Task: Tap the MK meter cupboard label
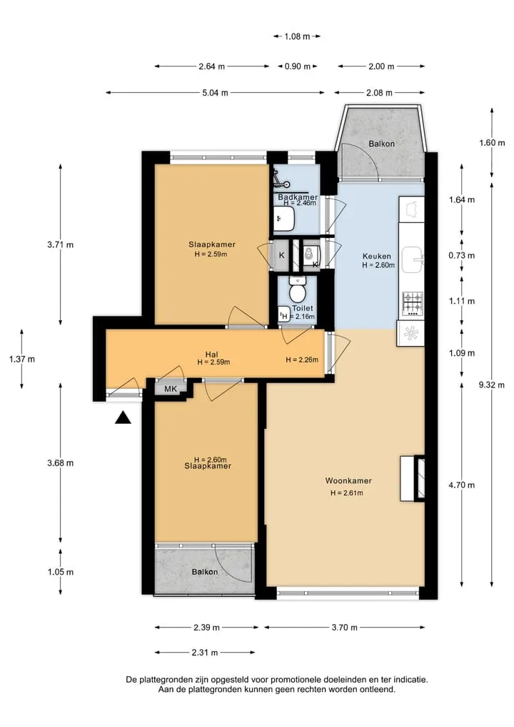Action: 171,389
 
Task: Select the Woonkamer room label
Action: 348,481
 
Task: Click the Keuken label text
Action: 376,256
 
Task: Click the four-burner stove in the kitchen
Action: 412,304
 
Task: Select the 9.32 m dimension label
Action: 492,385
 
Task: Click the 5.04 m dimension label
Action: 215,93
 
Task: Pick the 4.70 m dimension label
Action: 462,485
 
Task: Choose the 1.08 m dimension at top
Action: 297,36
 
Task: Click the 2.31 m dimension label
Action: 205,653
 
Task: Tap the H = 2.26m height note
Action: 302,360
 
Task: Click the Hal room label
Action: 211,355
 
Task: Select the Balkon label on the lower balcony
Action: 205,572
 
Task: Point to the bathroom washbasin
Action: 283,219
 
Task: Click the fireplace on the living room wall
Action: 413,479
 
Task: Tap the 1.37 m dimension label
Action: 21,360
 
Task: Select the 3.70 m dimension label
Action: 345,628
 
